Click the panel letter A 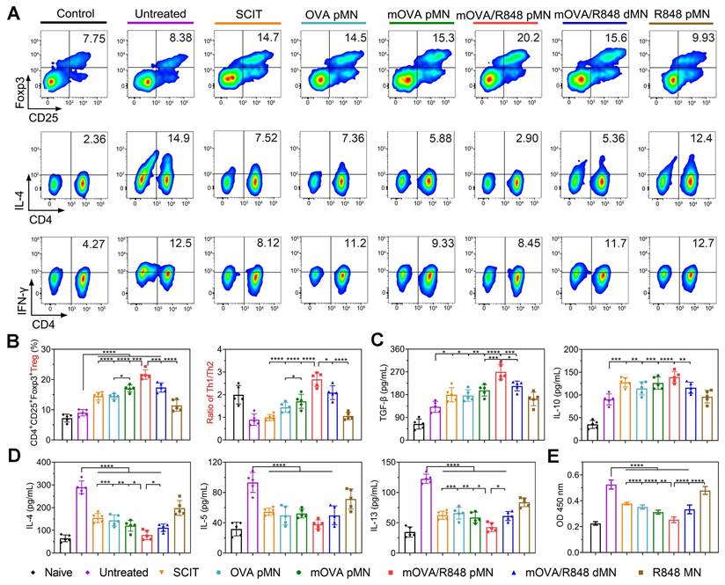[12, 15]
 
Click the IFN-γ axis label [18, 279]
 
